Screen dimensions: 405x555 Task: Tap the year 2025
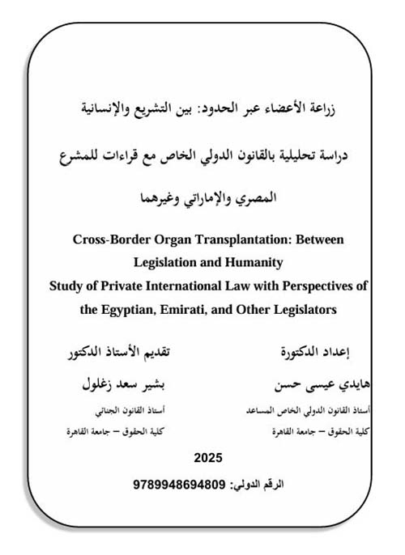click(x=207, y=458)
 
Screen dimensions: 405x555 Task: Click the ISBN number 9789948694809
click(x=180, y=484)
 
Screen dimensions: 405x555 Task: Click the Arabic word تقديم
click(x=188, y=354)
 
